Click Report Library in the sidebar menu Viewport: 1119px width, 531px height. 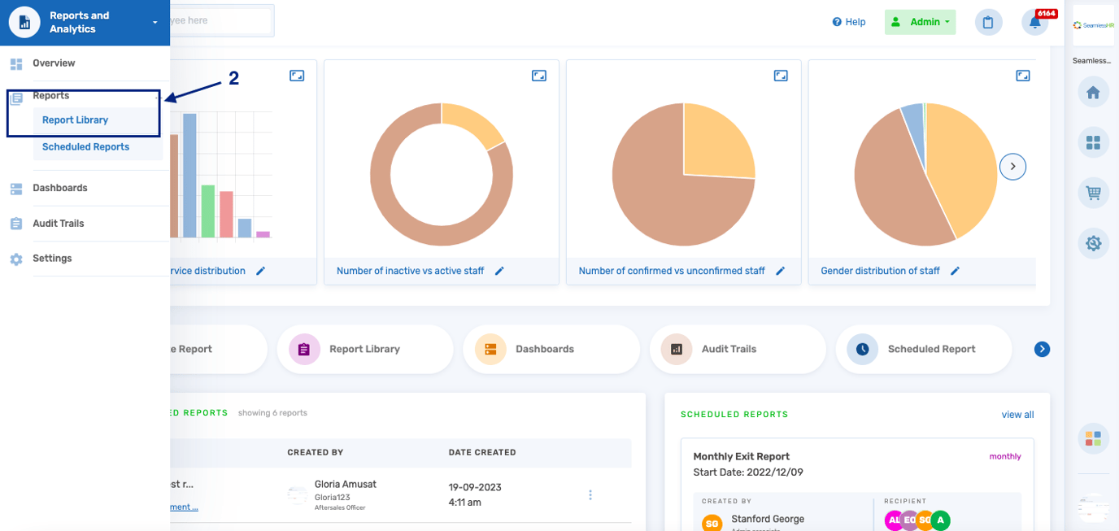click(75, 120)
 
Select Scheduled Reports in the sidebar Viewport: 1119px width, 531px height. click(85, 147)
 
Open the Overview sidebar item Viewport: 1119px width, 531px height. click(54, 63)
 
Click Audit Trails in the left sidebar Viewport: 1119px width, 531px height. click(58, 224)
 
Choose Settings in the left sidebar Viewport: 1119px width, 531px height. click(52, 259)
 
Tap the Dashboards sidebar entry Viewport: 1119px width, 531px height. click(59, 188)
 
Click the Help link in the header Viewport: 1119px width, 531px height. click(849, 22)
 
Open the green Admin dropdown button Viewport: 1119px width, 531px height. click(920, 22)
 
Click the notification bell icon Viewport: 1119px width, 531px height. click(1034, 23)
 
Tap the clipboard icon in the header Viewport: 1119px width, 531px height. click(988, 23)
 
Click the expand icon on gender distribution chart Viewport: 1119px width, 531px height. click(1023, 76)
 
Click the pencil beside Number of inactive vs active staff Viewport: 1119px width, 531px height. click(500, 271)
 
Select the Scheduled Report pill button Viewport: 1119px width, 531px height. click(923, 350)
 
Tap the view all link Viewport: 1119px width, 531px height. click(1017, 415)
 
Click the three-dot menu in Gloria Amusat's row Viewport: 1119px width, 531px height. click(590, 495)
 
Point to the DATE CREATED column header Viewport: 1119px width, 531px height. click(482, 452)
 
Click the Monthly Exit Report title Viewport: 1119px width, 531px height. click(741, 457)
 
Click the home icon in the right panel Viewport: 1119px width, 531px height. click(1093, 93)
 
